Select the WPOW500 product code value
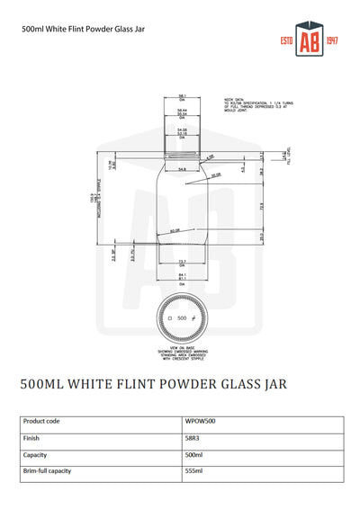click(x=199, y=420)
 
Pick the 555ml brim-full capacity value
click(x=193, y=470)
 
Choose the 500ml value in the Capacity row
click(x=193, y=454)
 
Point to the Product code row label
click(x=41, y=420)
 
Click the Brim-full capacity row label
click(x=47, y=470)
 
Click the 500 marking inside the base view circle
click(x=182, y=318)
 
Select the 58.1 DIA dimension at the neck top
click(x=182, y=96)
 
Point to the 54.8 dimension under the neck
click(x=181, y=168)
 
